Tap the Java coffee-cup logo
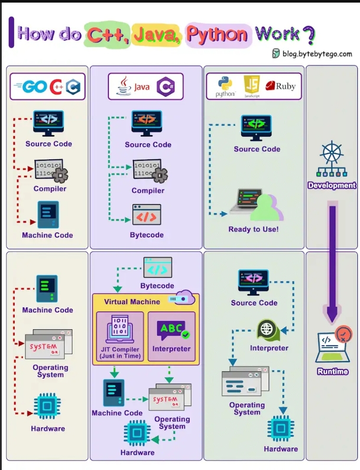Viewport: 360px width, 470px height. (123, 86)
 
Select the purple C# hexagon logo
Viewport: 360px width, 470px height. (165, 87)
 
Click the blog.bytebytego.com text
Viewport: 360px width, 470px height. (317, 54)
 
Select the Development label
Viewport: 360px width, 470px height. (331, 185)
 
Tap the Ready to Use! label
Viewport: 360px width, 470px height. (253, 229)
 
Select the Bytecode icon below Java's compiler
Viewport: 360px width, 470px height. (146, 215)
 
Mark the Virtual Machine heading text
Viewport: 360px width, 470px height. (132, 302)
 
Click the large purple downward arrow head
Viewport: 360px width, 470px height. (332, 315)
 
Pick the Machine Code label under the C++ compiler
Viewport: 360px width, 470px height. (48, 235)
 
